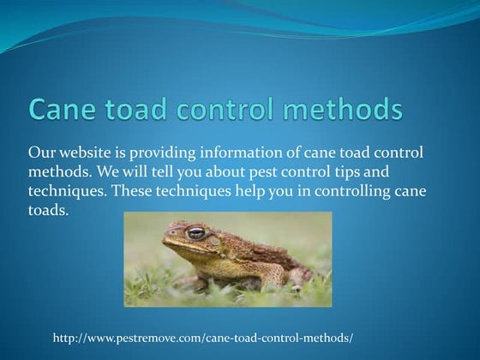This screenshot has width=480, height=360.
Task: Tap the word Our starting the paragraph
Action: (41, 152)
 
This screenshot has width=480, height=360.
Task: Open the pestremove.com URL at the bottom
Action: (202, 339)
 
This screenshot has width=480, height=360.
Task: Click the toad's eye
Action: (196, 232)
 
